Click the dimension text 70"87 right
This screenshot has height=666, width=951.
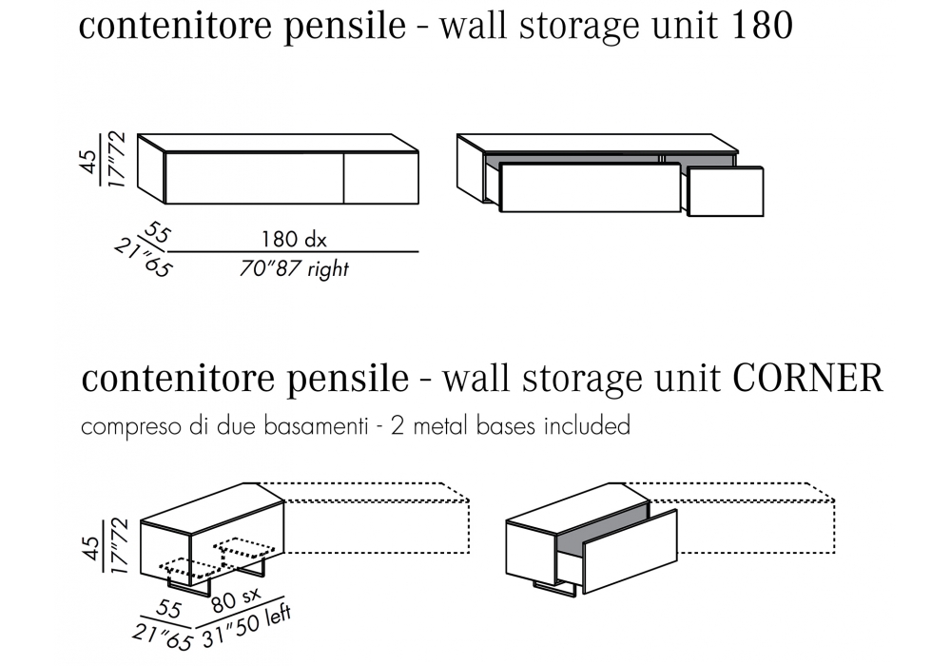(x=294, y=269)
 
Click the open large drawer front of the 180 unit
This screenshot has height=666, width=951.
(x=590, y=190)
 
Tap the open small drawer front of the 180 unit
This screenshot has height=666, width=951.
(x=725, y=193)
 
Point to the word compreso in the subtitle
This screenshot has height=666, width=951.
(x=121, y=427)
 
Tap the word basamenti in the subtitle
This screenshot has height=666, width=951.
(x=319, y=425)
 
